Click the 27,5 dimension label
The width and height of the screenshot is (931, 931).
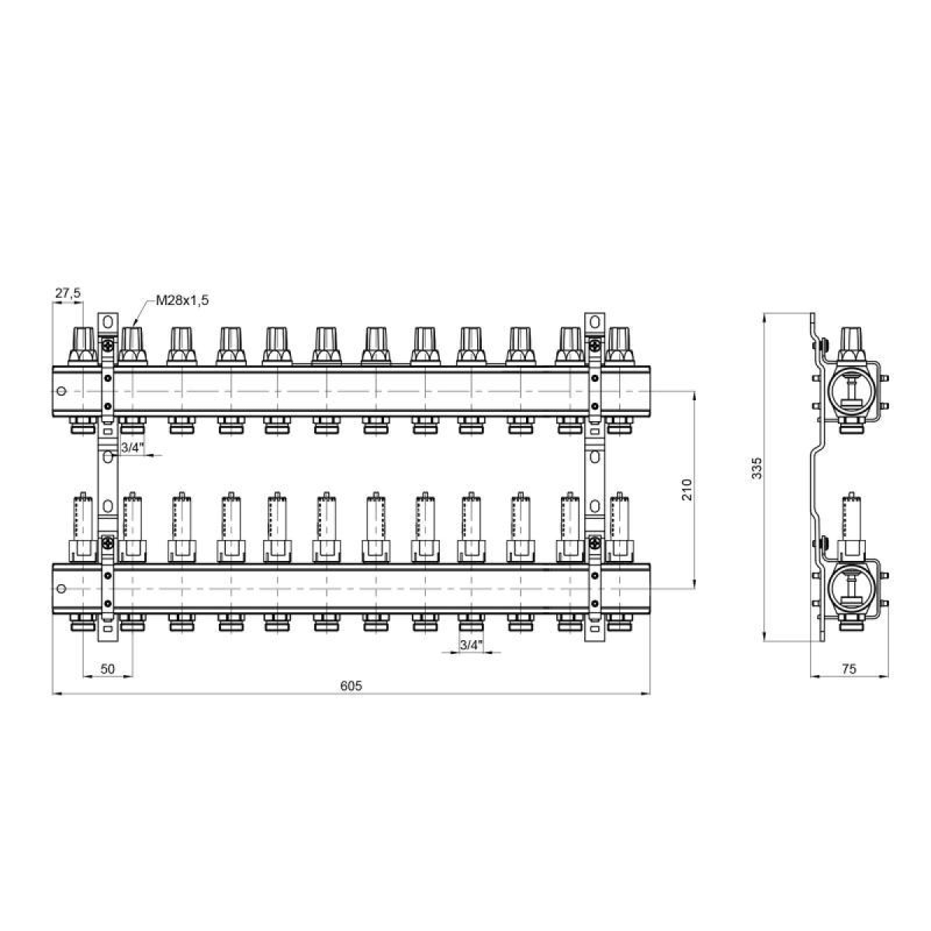coord(67,292)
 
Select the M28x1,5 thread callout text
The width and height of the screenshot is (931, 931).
coord(182,300)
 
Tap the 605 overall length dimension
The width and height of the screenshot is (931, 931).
coord(351,686)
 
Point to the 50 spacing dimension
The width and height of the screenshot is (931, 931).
coord(108,669)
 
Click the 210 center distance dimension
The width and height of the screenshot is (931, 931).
coord(687,489)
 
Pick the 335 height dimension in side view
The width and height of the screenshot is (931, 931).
coord(757,467)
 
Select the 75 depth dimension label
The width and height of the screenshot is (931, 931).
coord(849,669)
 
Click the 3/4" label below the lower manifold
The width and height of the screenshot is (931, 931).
coord(471,645)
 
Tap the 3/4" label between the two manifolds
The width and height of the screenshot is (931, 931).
coord(133,448)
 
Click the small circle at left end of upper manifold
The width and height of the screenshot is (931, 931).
coord(61,391)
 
